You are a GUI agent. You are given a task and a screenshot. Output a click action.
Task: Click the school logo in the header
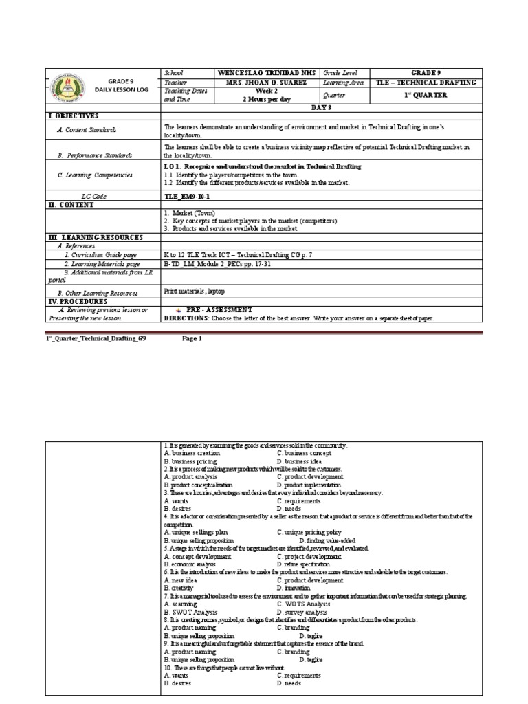[66, 86]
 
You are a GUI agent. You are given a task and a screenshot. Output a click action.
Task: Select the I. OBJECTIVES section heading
[74, 116]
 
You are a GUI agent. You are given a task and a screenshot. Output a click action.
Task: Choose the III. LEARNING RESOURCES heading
[96, 237]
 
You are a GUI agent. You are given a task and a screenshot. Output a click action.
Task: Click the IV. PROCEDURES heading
[78, 301]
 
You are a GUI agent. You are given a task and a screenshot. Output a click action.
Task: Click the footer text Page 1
[192, 339]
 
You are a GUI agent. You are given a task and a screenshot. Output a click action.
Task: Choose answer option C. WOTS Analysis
[305, 604]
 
